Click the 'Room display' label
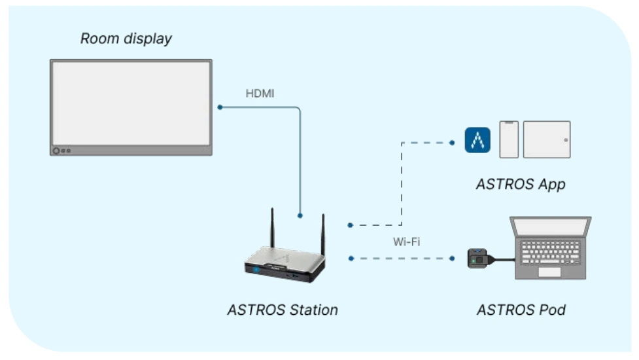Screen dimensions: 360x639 tap(126, 39)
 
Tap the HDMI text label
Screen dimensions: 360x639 tap(260, 94)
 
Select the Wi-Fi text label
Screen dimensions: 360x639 tap(406, 242)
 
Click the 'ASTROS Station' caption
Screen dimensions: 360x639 tap(283, 310)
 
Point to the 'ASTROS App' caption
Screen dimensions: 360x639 tap(520, 185)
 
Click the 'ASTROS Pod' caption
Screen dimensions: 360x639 tap(521, 310)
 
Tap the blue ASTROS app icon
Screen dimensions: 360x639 tap(477, 140)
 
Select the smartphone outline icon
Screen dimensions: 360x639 tap(509, 139)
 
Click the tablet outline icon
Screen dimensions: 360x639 tap(547, 139)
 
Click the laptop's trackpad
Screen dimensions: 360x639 tap(549, 272)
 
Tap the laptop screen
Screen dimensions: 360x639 tap(552, 227)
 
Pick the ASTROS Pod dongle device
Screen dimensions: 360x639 tap(479, 259)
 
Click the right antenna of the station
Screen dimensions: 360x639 tap(322, 236)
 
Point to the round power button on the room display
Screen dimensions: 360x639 tap(56, 151)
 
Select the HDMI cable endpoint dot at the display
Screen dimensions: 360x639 tap(220, 107)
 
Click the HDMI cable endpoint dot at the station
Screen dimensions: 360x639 tap(300, 215)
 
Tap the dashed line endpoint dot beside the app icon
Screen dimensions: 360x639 tap(452, 141)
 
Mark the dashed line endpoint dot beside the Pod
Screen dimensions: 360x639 tap(452, 259)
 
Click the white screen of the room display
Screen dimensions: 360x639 tap(131, 103)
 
